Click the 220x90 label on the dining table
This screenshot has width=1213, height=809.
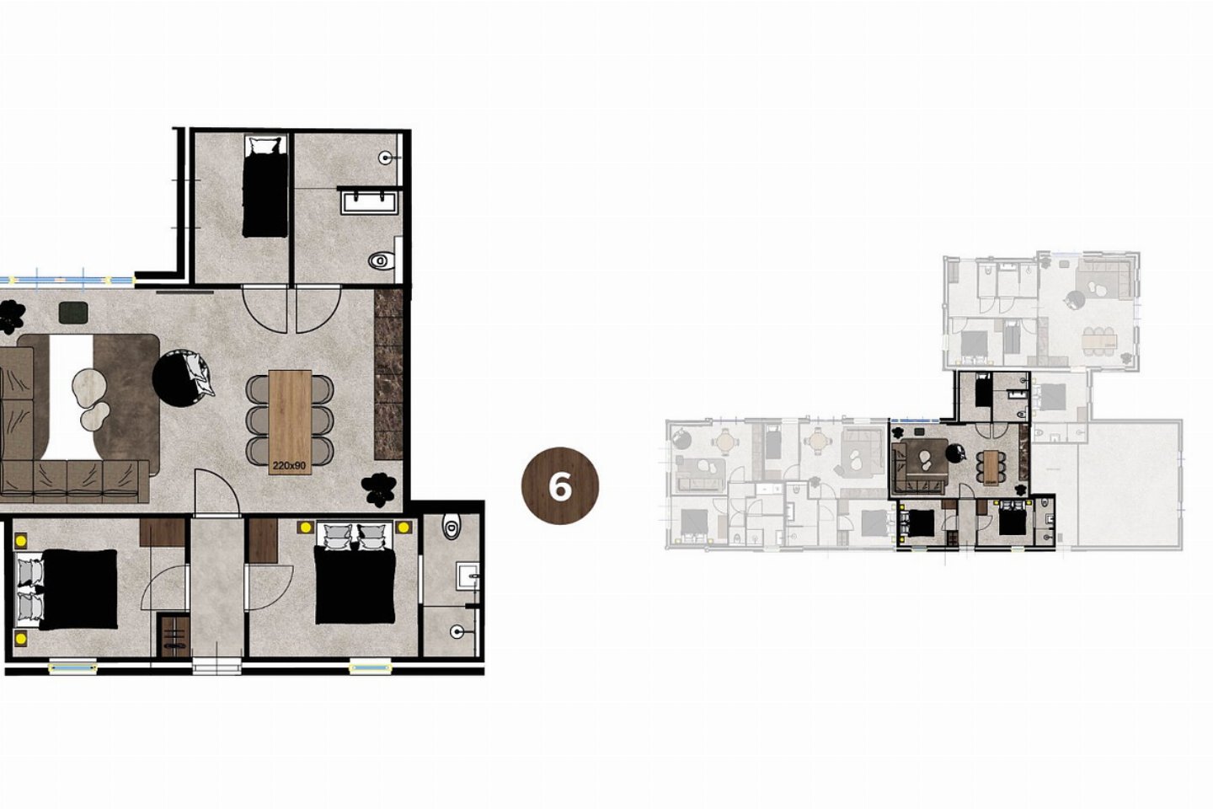(x=289, y=464)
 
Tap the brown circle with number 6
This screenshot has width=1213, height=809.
(x=560, y=485)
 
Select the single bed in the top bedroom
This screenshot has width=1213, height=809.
(x=265, y=187)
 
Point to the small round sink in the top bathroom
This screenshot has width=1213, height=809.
(x=387, y=158)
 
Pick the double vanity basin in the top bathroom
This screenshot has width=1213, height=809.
(x=369, y=202)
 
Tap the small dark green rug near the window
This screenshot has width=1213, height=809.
(x=73, y=312)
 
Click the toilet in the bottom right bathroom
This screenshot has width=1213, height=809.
(x=451, y=526)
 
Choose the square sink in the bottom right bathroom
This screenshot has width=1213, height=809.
(x=468, y=576)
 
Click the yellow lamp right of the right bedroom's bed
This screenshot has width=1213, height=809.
(x=403, y=527)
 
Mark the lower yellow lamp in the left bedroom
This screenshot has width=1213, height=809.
(x=20, y=639)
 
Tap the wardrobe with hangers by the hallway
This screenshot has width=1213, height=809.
(x=174, y=635)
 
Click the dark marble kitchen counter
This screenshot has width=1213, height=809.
(x=389, y=374)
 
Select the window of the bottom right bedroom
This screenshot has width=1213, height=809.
(x=370, y=667)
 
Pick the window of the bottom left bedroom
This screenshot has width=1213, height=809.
(x=72, y=667)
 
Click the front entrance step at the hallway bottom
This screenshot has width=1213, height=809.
(x=216, y=666)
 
